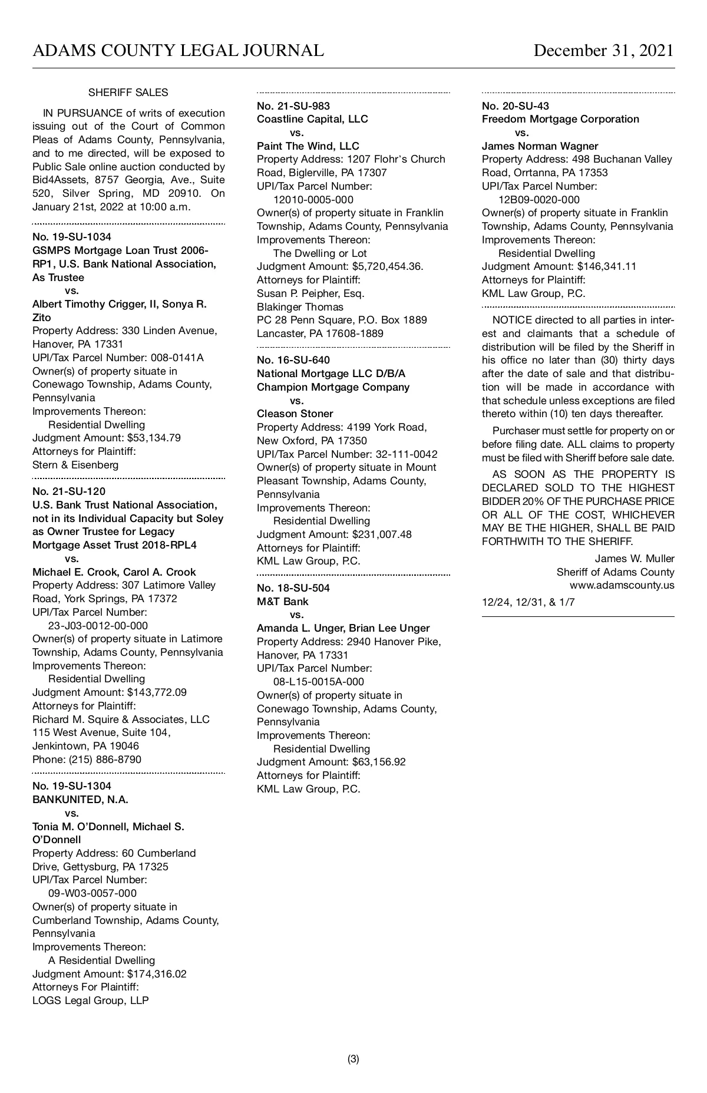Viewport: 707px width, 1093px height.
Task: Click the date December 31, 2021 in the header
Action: pos(603,51)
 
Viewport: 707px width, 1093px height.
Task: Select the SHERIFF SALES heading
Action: pos(128,93)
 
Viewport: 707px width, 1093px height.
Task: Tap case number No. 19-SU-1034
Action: pos(71,237)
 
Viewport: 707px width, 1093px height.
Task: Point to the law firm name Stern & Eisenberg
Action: pos(75,465)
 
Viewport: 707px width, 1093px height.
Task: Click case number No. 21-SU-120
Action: pos(69,491)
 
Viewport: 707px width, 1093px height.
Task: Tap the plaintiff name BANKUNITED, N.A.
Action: pos(80,800)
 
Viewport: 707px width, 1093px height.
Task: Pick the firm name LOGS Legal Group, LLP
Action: pos(91,1000)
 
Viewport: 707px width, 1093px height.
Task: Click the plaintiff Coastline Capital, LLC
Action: pos(312,119)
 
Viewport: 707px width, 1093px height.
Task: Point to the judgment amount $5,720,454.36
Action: pos(387,266)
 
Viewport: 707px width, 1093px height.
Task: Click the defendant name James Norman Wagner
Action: pos(540,146)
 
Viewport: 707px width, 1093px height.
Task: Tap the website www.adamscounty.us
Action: pos(622,586)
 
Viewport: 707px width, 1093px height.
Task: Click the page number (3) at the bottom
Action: pos(353,1059)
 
